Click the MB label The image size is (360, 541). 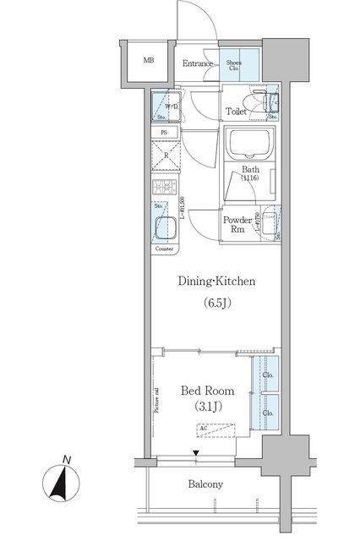pos(149,61)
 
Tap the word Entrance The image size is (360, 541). pos(199,63)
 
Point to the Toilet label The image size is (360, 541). pos(237,112)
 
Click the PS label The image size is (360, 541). pos(164,133)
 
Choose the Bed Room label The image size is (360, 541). pos(208,391)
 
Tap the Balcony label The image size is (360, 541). pos(205,484)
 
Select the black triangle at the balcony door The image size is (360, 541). pos(196,454)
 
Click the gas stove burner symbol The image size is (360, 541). pos(164,189)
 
